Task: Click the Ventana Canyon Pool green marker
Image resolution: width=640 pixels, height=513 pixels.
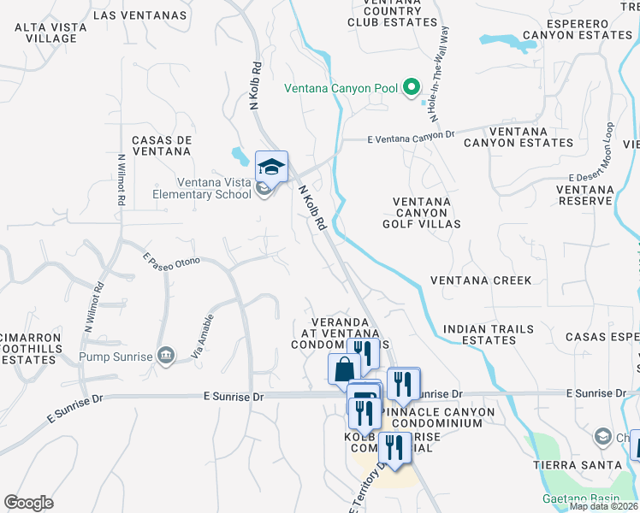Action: pyautogui.click(x=411, y=86)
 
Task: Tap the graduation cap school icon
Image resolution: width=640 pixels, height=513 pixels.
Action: pyautogui.click(x=271, y=166)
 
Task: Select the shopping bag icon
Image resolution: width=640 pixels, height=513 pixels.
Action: pyautogui.click(x=344, y=369)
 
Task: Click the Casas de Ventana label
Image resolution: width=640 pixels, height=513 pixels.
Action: pyautogui.click(x=161, y=145)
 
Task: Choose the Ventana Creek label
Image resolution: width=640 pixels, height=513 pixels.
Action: pyautogui.click(x=480, y=280)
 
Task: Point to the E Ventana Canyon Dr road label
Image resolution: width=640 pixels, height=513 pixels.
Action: pyautogui.click(x=410, y=137)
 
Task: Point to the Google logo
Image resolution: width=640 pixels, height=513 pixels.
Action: pyautogui.click(x=28, y=503)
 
